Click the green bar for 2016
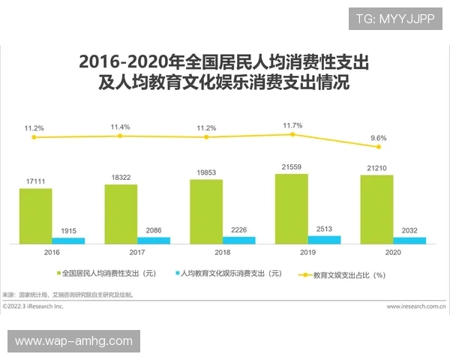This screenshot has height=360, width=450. coord(35,216)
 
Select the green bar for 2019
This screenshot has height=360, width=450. coord(291,208)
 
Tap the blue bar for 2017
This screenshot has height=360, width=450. coord(154,240)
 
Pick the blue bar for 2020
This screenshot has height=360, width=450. coord(409,240)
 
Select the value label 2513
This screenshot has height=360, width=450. coord(324,229)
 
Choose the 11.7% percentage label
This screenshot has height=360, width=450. coord(292,125)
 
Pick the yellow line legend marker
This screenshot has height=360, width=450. coord(305,274)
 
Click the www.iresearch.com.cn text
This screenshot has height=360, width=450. coord(415,306)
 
